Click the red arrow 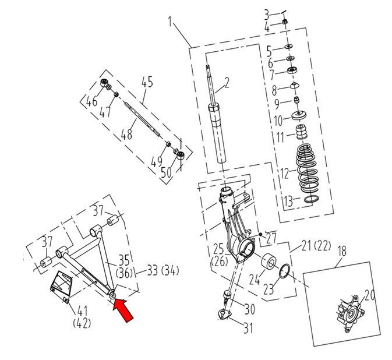(x=123, y=309)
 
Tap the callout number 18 (x=342, y=252)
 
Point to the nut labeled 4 (x=284, y=22)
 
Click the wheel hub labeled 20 (x=349, y=314)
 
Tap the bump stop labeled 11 (x=302, y=132)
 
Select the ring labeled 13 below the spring (x=312, y=199)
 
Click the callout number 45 (x=147, y=82)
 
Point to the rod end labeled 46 (x=106, y=84)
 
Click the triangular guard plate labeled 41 (x=62, y=286)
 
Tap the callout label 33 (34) (x=163, y=270)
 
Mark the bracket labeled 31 (x=224, y=315)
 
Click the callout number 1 (x=170, y=22)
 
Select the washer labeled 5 (x=289, y=47)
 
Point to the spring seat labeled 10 (x=299, y=115)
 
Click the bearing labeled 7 (x=292, y=69)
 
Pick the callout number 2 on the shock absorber (x=226, y=83)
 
